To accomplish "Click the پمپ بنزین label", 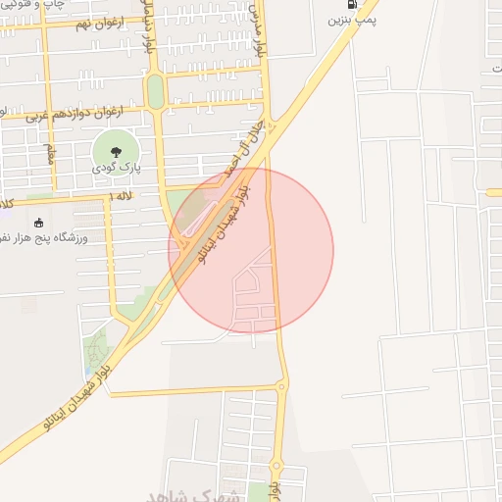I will tap(353, 19).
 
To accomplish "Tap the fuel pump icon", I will tap(353, 3).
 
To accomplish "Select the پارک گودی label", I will tap(118, 169).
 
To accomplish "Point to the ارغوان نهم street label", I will tap(94, 23).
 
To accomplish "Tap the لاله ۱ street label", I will tap(122, 197).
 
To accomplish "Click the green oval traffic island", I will tap(155, 92).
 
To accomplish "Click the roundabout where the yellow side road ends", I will tap(280, 387).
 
